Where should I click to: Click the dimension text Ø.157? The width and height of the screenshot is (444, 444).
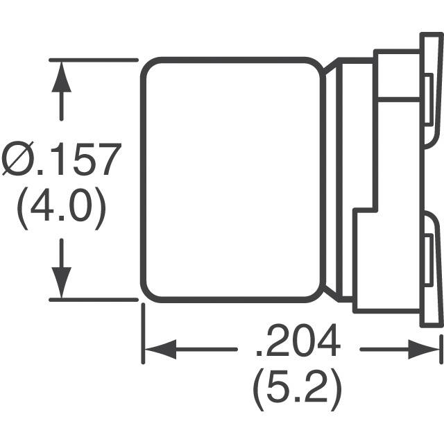point(61,161)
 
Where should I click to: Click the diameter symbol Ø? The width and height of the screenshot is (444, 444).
point(15,161)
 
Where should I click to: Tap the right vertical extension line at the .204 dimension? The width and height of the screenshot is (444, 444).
point(441,347)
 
